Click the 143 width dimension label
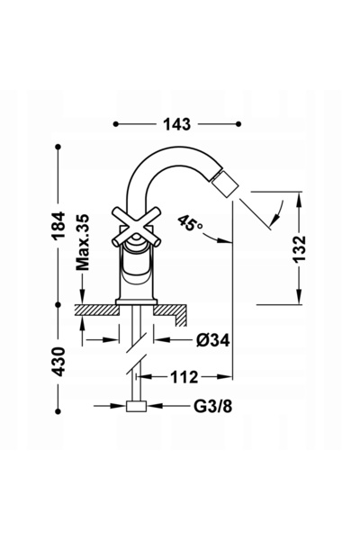(176, 124)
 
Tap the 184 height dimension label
(58, 226)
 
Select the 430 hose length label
(58, 361)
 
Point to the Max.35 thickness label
(82, 242)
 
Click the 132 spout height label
(299, 248)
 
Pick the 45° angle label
(191, 224)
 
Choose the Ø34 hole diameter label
(213, 340)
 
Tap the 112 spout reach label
(184, 377)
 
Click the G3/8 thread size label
(213, 407)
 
